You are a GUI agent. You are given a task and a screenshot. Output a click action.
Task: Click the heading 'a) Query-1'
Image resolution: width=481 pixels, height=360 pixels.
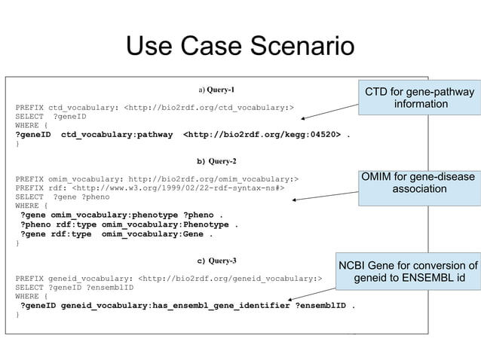click(x=216, y=90)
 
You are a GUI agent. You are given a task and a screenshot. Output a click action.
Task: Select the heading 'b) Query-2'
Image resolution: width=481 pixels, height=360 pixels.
click(x=216, y=161)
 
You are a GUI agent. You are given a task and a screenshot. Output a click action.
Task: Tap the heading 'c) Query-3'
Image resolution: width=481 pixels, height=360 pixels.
click(x=216, y=261)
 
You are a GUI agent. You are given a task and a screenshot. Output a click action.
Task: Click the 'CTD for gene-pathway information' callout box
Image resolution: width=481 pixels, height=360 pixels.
click(x=419, y=98)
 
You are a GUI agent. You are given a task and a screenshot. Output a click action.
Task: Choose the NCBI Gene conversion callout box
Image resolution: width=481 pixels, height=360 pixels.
click(x=408, y=272)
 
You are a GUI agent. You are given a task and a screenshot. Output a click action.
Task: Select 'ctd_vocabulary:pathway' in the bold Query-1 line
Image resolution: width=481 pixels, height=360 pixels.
click(x=117, y=135)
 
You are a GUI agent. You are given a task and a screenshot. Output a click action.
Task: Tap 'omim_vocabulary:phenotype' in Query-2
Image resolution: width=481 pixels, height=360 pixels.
click(x=114, y=215)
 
